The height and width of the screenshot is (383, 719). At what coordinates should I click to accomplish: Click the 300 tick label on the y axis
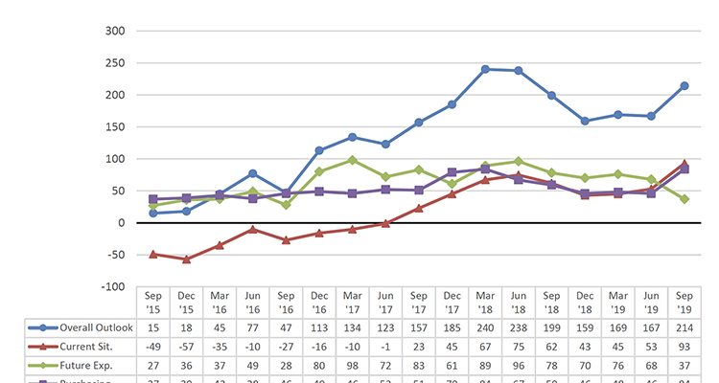click(x=115, y=31)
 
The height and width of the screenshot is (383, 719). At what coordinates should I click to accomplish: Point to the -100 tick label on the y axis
click(x=112, y=286)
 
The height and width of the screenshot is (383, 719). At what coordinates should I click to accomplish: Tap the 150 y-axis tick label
click(x=115, y=126)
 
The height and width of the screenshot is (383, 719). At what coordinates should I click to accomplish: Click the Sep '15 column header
click(x=153, y=303)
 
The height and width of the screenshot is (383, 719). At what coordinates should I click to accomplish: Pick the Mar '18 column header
click(x=486, y=303)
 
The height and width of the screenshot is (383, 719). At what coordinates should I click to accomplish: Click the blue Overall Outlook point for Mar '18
click(x=485, y=69)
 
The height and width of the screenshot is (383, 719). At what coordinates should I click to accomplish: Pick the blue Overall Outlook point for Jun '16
click(x=253, y=173)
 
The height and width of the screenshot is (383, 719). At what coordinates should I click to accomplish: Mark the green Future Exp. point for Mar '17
click(x=353, y=160)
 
